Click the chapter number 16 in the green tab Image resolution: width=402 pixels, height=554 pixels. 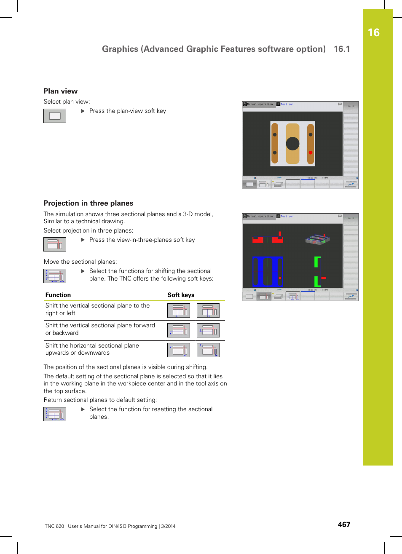(x=373, y=33)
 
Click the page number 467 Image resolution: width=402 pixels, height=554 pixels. (x=344, y=525)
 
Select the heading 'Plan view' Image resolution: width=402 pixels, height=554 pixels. (x=61, y=91)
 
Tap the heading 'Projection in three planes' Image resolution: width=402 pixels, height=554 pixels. (x=88, y=203)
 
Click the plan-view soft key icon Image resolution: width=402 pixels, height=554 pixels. (x=55, y=116)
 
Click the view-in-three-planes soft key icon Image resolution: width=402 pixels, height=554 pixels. (x=55, y=244)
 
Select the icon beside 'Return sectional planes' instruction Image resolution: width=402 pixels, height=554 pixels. (x=55, y=414)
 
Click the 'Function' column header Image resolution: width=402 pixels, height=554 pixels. (x=58, y=295)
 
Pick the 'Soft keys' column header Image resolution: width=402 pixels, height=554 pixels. (x=181, y=295)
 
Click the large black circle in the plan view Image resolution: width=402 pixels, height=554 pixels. (x=292, y=144)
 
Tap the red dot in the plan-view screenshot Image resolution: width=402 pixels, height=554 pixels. (x=311, y=153)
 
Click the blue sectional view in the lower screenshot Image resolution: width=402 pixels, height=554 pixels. (x=268, y=272)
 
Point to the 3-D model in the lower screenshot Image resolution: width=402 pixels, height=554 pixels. (x=317, y=239)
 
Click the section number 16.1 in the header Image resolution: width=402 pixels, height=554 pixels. (x=342, y=49)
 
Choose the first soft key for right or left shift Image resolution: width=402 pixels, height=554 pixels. (x=179, y=310)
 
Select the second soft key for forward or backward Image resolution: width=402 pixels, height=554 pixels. (x=208, y=330)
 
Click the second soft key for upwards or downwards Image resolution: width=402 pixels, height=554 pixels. (x=208, y=350)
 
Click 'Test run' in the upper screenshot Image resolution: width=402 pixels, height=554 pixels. (x=287, y=104)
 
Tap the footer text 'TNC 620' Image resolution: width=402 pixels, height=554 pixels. (x=54, y=526)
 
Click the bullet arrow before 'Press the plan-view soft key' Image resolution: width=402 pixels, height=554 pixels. (x=83, y=111)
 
